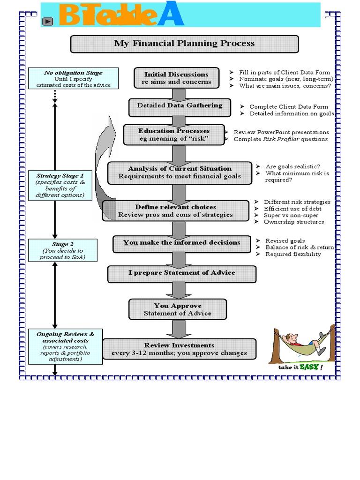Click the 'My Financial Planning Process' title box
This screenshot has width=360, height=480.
(184, 44)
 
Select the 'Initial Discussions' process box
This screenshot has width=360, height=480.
(176, 78)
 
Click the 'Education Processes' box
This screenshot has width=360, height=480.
(173, 135)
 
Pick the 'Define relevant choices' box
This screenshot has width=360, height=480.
(176, 211)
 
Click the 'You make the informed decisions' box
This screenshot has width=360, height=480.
(181, 243)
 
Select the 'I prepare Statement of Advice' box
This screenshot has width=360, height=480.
(182, 273)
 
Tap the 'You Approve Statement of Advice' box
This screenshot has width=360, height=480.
(177, 309)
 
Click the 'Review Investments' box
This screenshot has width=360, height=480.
(180, 349)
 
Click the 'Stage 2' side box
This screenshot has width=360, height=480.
(63, 251)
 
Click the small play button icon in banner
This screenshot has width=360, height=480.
(47, 21)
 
